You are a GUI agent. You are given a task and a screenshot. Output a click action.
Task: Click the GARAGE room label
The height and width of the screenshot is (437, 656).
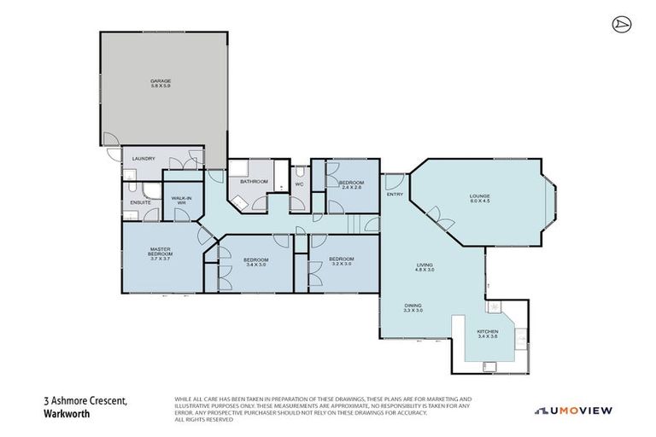click(x=161, y=84)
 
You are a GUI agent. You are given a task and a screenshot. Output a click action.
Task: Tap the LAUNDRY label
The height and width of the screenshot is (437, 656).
click(x=143, y=158)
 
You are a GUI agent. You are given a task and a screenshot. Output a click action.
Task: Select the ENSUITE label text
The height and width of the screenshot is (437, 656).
click(x=141, y=202)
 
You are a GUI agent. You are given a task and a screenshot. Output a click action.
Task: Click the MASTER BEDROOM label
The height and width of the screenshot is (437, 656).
click(x=161, y=253)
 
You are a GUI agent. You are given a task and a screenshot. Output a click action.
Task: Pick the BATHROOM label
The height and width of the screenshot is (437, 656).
click(x=254, y=182)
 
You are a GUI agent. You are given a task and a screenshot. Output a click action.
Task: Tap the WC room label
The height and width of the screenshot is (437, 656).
click(x=299, y=184)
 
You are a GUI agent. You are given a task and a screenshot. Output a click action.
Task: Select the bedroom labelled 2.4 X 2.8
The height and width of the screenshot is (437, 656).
click(x=351, y=184)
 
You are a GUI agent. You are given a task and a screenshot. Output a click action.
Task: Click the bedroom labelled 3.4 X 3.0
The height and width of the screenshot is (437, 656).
click(x=256, y=261)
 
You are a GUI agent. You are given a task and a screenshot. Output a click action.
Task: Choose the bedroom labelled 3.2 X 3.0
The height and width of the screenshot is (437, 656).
click(x=342, y=261)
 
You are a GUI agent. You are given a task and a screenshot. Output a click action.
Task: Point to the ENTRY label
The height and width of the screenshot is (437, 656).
click(x=395, y=195)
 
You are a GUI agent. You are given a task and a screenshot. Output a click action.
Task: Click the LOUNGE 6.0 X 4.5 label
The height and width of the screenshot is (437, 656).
click(x=479, y=199)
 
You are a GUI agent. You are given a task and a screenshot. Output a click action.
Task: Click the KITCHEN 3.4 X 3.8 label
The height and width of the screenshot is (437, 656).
click(x=488, y=334)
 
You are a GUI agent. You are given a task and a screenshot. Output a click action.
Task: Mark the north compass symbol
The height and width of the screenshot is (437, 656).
click(x=621, y=25)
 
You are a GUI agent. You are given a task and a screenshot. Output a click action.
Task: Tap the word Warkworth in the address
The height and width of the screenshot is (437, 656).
click(x=67, y=416)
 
